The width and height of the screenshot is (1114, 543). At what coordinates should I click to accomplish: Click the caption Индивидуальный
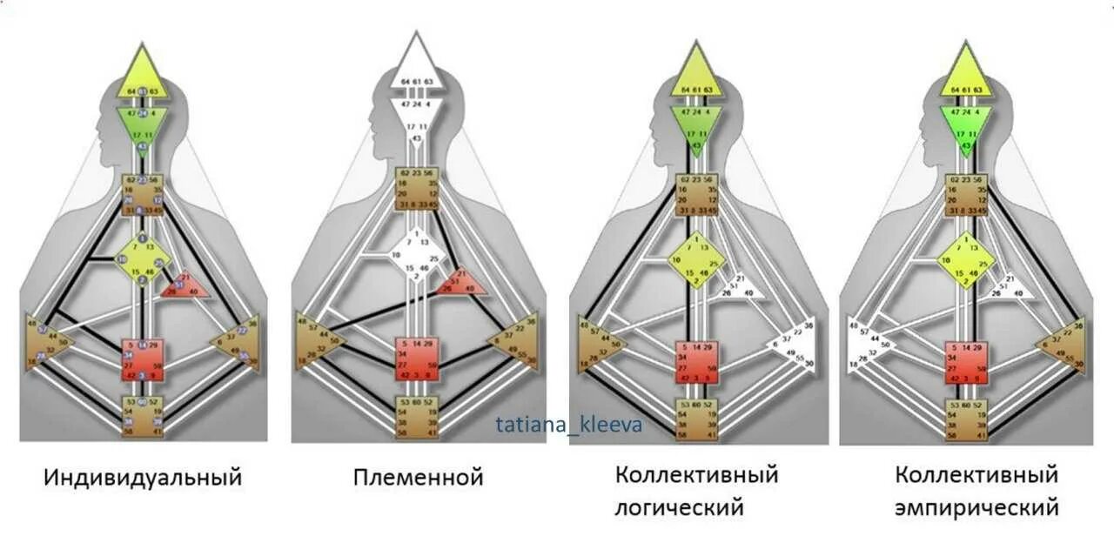143,478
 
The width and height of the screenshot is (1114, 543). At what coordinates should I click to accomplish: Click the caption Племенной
418,478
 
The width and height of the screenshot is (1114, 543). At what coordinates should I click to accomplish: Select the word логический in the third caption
680,506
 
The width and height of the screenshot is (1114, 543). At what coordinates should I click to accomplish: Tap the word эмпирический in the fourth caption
977,506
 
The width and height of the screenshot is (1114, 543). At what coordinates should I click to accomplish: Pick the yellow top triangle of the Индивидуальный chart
142,77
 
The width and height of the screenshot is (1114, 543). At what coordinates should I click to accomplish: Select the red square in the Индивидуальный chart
142,359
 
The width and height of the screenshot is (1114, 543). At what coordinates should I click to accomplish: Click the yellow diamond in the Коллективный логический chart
695,260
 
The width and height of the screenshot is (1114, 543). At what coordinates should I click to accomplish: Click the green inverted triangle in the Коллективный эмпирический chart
965,126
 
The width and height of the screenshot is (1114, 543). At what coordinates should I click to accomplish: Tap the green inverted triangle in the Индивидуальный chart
142,126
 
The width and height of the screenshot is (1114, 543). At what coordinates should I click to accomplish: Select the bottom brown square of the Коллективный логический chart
695,420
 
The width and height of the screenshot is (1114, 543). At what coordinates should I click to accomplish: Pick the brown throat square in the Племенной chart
416,189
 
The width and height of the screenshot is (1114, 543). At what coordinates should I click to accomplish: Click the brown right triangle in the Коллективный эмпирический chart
1063,345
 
